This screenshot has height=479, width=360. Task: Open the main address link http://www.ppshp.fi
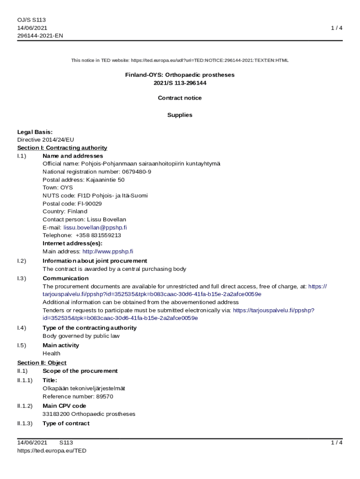point(108,251)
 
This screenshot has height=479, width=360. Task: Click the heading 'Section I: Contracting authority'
point(62,148)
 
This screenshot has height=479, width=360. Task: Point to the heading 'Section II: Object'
point(42,363)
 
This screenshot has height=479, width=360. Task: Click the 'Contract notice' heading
point(180,98)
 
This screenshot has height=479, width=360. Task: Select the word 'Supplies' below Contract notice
point(180,115)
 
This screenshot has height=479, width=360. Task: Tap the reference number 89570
point(105,396)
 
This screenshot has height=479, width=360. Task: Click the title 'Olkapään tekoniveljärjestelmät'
point(84,388)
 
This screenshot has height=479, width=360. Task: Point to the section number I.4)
point(22,327)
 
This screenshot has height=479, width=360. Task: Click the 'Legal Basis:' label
point(35,132)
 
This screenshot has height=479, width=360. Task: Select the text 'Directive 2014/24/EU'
point(45,140)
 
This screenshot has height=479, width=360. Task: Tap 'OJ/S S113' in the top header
point(31,20)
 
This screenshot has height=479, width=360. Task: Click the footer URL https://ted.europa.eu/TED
point(52,450)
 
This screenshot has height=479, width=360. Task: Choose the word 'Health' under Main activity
point(51,353)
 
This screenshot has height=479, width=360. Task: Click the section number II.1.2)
point(25,406)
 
